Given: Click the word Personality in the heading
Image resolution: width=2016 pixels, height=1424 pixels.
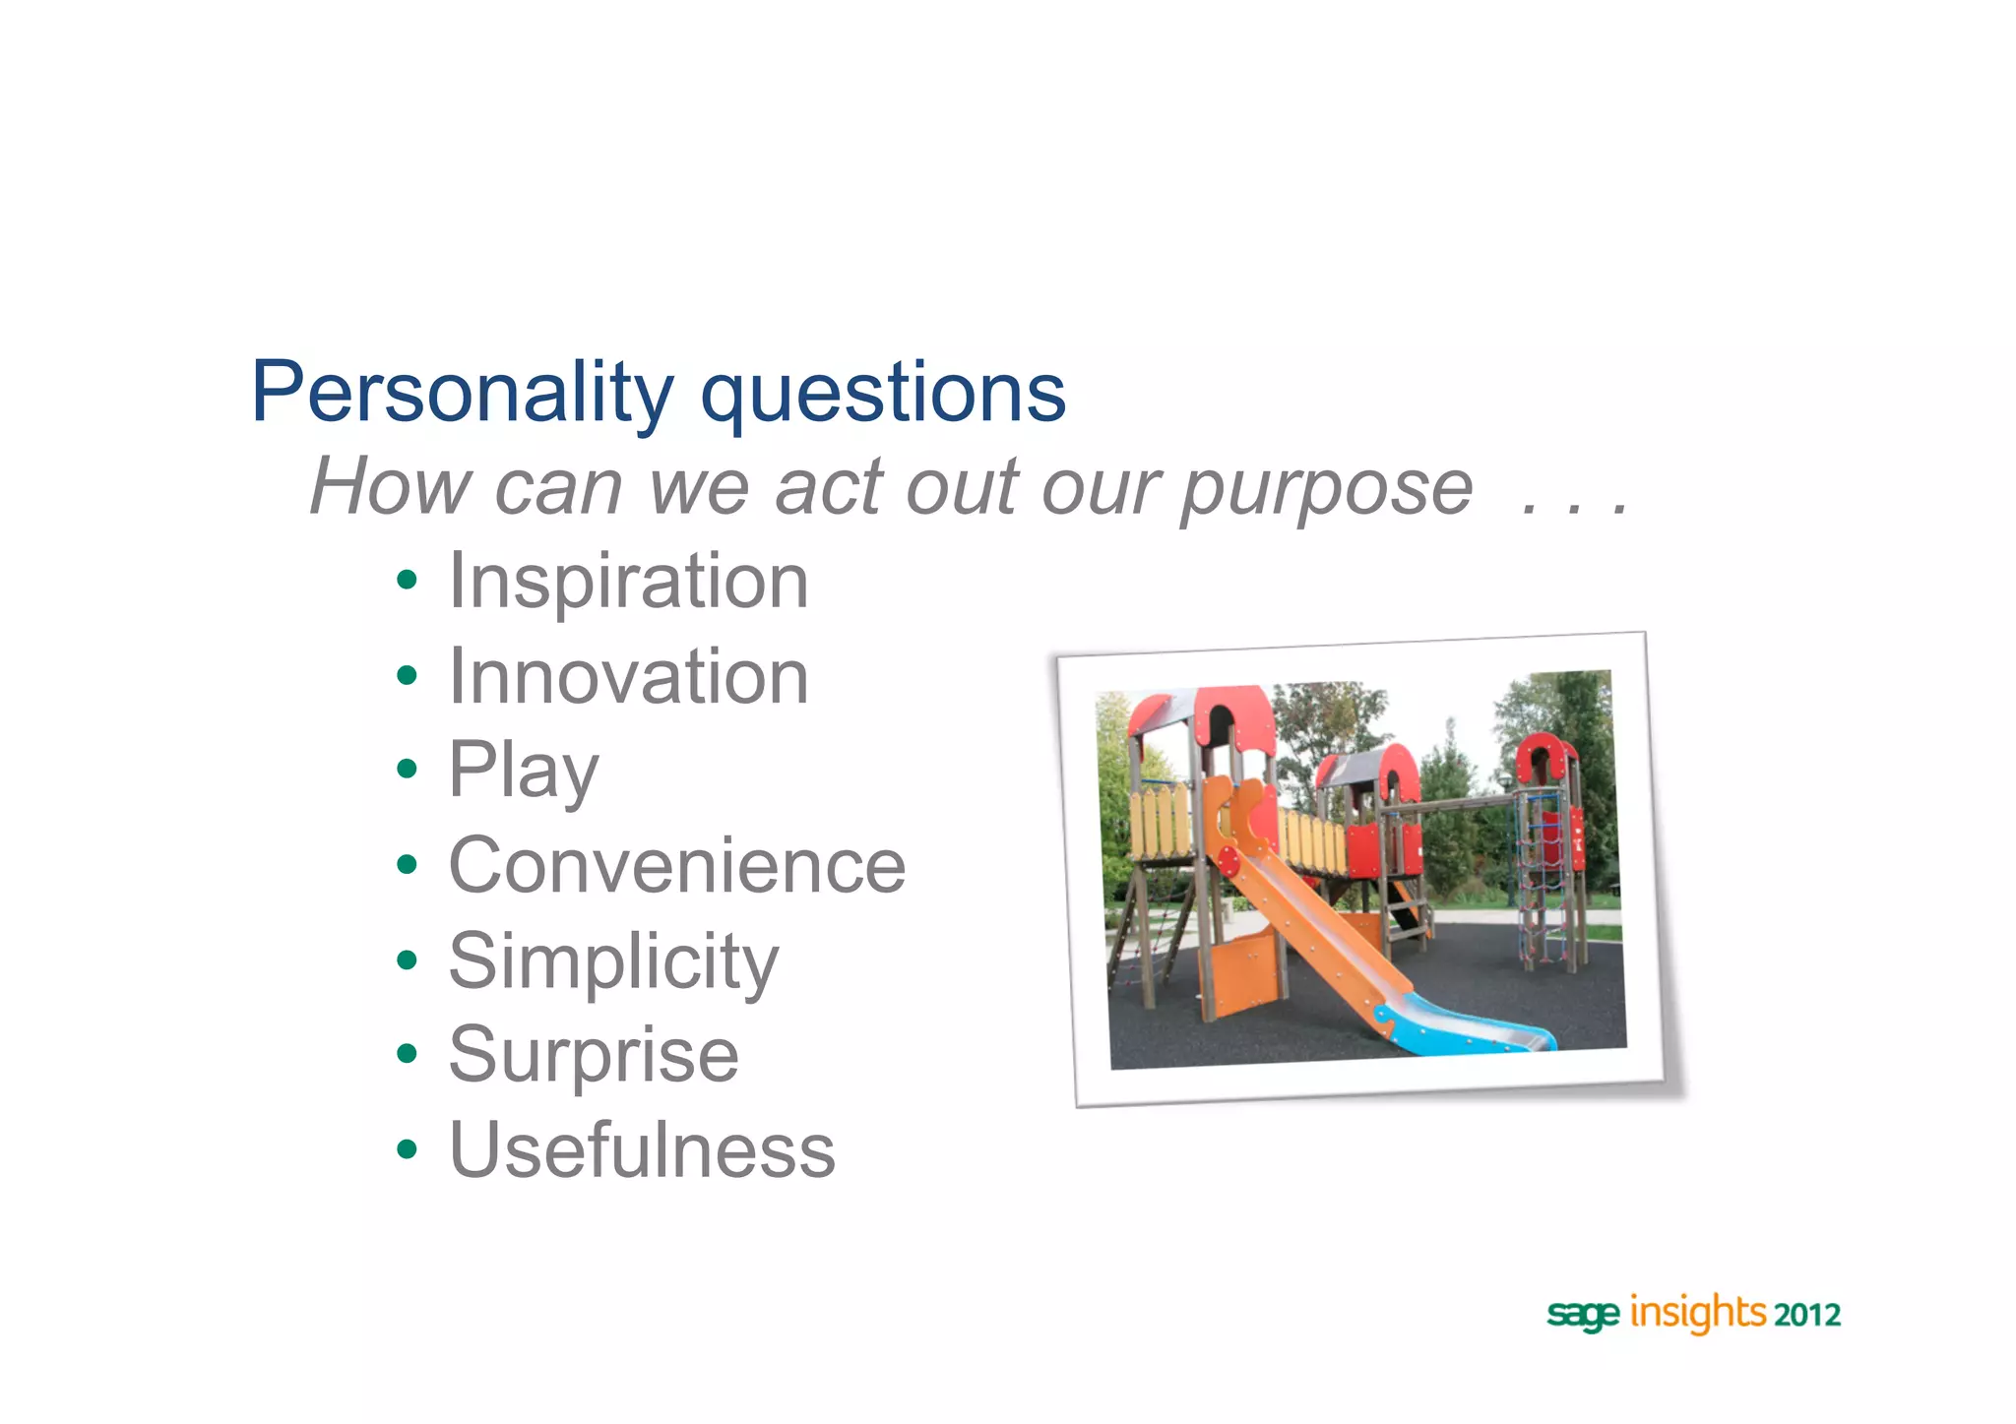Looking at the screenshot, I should (x=461, y=393).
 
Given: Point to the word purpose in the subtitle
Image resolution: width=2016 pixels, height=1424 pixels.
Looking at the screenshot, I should (x=1326, y=488).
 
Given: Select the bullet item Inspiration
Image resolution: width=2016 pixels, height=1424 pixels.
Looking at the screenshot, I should (x=628, y=582).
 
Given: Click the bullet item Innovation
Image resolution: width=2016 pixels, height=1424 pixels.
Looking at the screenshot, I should (x=628, y=677).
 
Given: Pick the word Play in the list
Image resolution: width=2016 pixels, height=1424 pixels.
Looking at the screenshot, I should (x=523, y=771).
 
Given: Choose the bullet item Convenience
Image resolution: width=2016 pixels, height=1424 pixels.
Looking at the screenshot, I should (x=676, y=866).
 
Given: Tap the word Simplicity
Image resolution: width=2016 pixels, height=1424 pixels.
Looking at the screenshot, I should (x=613, y=960).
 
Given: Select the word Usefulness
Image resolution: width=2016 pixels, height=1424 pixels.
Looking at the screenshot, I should (x=642, y=1149).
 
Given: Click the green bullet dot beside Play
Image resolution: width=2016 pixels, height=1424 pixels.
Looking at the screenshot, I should (x=407, y=769).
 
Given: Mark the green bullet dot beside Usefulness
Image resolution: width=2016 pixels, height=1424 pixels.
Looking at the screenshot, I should (x=407, y=1148).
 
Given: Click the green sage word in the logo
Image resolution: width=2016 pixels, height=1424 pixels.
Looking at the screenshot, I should (x=1582, y=1315).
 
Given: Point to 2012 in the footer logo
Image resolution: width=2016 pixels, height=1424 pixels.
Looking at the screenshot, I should (x=1807, y=1315).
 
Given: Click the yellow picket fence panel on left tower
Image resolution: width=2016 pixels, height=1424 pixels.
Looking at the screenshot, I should (x=1160, y=819).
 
